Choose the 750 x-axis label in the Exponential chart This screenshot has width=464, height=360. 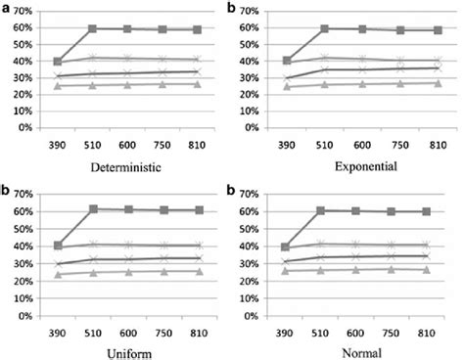click(x=394, y=145)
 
